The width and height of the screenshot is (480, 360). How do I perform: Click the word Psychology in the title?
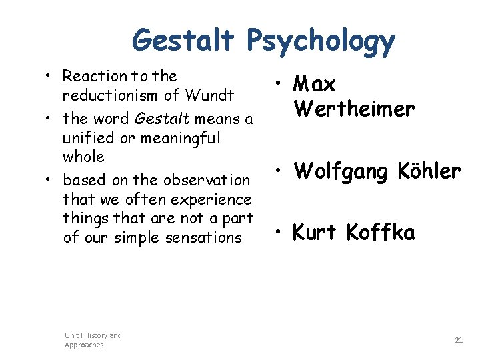pos(321,41)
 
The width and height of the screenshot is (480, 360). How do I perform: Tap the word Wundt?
pos(211,95)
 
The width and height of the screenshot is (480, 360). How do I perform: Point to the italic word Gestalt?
pos(161,119)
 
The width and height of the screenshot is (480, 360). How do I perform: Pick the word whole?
pos(83,157)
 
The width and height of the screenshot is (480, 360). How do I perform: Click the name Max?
pos(314,85)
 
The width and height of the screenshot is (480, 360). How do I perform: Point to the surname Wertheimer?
pos(354,108)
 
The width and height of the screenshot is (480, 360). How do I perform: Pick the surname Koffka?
pos(381,233)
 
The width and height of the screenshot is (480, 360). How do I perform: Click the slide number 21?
pos(459,340)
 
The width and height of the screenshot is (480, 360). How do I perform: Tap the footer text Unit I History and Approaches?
pos(93,340)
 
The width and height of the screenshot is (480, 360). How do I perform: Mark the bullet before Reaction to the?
pos(51,77)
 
